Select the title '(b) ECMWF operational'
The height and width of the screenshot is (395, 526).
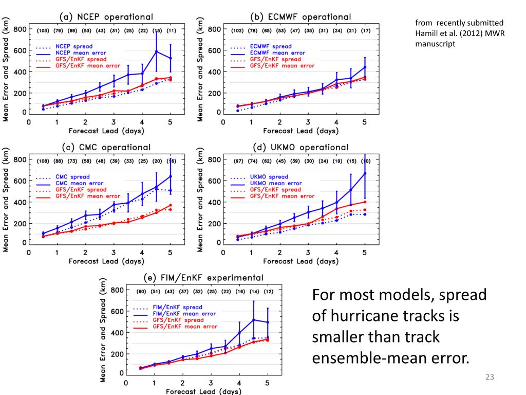click(x=300, y=17)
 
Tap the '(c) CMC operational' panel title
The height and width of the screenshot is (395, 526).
click(x=107, y=148)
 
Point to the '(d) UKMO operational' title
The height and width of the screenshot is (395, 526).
click(x=300, y=148)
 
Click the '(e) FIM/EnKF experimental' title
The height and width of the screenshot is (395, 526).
click(x=204, y=278)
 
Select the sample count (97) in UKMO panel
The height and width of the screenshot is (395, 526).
click(x=238, y=161)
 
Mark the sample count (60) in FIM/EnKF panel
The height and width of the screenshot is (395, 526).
click(x=141, y=292)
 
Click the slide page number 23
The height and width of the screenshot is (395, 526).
click(x=489, y=378)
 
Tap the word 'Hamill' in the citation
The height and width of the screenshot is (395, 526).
click(x=427, y=33)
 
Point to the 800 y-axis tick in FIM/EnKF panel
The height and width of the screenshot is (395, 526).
click(x=117, y=290)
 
